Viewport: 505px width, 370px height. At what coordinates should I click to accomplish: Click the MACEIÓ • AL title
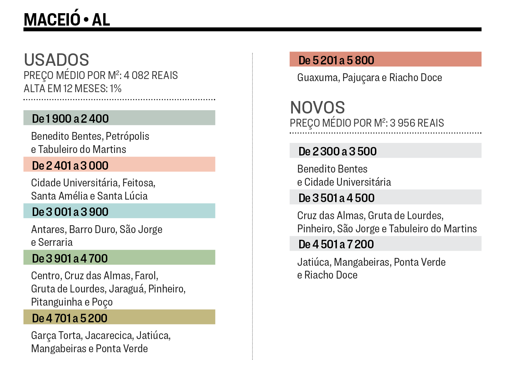coord(67,19)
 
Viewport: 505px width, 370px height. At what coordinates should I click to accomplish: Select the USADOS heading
coord(57,60)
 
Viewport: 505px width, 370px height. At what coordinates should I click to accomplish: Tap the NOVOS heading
coord(317,107)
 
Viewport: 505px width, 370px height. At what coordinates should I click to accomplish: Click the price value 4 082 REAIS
coord(151,75)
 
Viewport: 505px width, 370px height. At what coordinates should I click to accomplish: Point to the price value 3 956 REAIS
coord(417,123)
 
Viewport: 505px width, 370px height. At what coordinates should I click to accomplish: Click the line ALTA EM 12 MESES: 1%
coord(72,89)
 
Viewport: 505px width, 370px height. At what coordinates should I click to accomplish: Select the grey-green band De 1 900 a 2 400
coord(119,118)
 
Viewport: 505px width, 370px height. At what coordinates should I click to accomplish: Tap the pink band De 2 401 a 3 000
coord(119,165)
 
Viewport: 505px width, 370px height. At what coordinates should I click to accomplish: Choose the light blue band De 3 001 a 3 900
coord(119,211)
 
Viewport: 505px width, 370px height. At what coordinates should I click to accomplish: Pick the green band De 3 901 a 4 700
coord(119,258)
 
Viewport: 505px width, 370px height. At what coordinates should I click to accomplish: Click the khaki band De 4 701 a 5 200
coord(119,317)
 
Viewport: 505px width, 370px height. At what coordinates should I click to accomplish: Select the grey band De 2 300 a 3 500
coord(385,151)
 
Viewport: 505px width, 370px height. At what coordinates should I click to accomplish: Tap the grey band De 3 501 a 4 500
coord(385,197)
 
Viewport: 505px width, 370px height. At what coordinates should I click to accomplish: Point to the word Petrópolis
coord(128,136)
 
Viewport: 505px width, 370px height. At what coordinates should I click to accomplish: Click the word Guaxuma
coord(318,78)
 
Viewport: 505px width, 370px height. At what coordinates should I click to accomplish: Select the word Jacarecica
coord(109,335)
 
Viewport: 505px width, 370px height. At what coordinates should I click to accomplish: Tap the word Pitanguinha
coord(57,302)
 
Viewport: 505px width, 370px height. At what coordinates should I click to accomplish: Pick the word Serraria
coord(55,242)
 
